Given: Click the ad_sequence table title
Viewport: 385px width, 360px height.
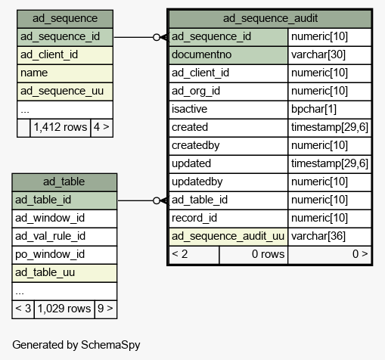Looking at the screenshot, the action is click(65, 18).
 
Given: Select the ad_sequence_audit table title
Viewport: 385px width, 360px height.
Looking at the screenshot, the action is click(270, 18).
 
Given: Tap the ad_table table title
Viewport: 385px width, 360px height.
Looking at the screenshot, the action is click(64, 182).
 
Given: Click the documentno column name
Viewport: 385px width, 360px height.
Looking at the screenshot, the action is click(201, 54).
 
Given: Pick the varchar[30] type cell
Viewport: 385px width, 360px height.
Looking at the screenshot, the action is click(318, 54).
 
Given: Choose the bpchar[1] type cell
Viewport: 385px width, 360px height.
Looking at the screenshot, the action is click(314, 109).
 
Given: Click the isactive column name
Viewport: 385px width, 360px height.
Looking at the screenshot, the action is click(189, 109).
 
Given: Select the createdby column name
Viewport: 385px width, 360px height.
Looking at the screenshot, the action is click(196, 145).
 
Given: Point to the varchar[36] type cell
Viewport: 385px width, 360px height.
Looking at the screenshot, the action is click(318, 236).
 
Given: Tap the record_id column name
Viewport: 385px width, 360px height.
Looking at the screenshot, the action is click(194, 218).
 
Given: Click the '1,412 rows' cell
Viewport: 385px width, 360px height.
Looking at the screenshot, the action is click(61, 127).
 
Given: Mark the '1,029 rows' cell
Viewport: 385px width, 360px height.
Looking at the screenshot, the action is click(64, 309).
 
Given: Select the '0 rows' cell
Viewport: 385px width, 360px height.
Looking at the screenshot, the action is click(268, 254).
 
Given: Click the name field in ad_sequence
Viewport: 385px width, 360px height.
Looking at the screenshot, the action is click(34, 73).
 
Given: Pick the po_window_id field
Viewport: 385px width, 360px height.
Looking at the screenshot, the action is click(50, 254).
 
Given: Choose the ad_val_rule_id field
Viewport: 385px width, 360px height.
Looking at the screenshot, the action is click(51, 236).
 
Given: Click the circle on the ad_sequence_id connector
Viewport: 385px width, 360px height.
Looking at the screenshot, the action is click(157, 37).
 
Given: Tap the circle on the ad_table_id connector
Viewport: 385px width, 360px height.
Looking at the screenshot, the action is click(157, 200).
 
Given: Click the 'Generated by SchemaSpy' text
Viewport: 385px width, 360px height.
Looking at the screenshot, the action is click(76, 345).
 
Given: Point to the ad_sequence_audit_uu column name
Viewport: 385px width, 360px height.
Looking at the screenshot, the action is click(228, 236).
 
